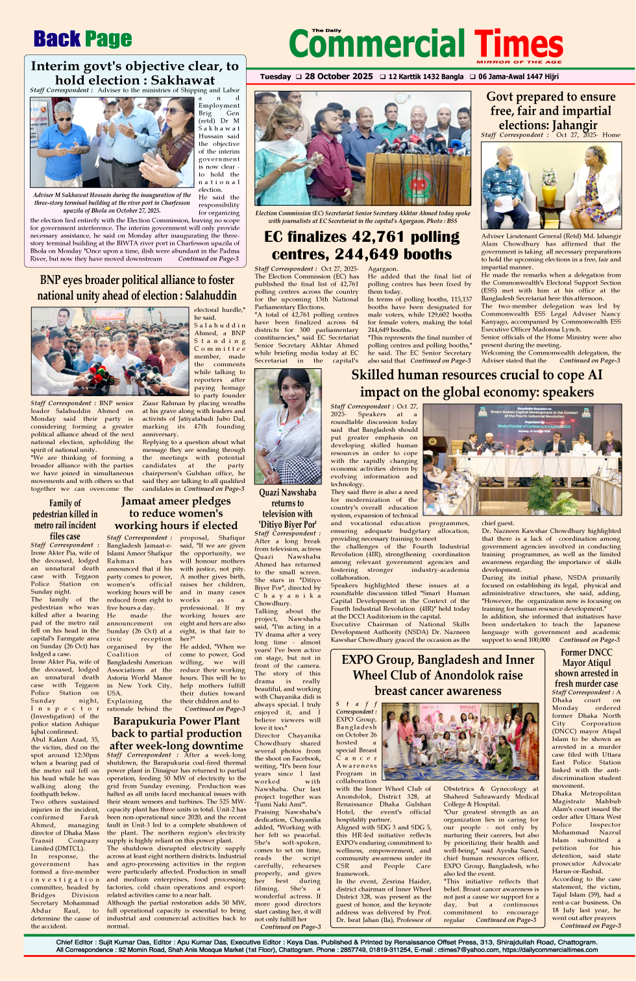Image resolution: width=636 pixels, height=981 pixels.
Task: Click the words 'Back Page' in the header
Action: click(82, 40)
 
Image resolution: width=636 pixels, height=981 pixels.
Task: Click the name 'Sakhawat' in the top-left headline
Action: click(182, 80)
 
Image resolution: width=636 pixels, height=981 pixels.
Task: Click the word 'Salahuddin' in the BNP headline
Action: click(204, 295)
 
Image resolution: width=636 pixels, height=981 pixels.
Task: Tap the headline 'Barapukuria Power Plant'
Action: click(176, 721)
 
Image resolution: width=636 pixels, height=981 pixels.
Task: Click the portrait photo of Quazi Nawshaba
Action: click(287, 426)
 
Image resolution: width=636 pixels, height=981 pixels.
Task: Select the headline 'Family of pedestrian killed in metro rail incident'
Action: click(65, 519)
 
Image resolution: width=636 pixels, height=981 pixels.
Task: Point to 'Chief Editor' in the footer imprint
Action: click(75, 942)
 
